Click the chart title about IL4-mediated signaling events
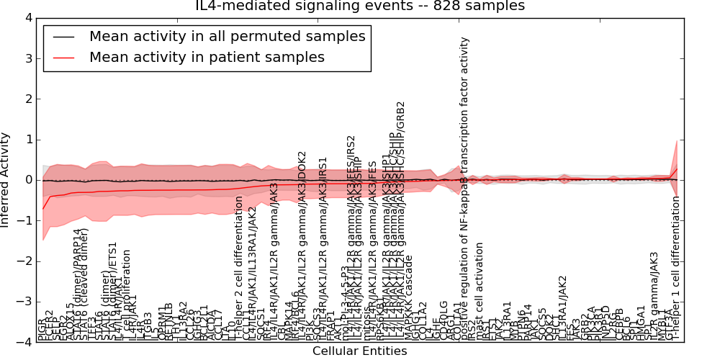[359, 6]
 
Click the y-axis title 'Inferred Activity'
[6, 180]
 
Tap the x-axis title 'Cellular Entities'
[359, 351]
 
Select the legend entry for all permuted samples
[227, 37]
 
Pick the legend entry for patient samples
[207, 58]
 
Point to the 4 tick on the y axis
[28, 17]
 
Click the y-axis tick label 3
[28, 58]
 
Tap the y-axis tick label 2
[28, 99]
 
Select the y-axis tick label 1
[28, 140]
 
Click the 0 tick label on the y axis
[28, 180]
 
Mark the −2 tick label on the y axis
[25, 261]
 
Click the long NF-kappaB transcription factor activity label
[465, 187]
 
